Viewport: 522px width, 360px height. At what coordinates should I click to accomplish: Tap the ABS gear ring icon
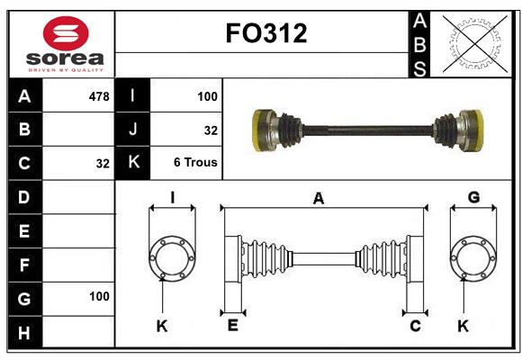pyautogui.click(x=472, y=43)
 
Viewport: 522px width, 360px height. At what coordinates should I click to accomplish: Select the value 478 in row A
pyautogui.click(x=98, y=94)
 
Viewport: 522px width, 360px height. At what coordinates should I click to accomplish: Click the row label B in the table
pyautogui.click(x=24, y=129)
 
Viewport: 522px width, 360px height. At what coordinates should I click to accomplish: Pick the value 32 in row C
pyautogui.click(x=102, y=164)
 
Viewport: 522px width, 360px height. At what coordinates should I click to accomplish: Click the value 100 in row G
pyautogui.click(x=99, y=296)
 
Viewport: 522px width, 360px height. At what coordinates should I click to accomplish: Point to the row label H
pyautogui.click(x=24, y=333)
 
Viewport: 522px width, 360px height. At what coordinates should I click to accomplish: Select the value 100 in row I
pyautogui.click(x=207, y=94)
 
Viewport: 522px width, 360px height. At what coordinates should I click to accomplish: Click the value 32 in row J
pyautogui.click(x=211, y=130)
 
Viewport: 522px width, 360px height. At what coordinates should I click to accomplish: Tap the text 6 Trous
pyautogui.click(x=195, y=163)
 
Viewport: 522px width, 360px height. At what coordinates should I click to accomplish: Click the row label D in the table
pyautogui.click(x=24, y=196)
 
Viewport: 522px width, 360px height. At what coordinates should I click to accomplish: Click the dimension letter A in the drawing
pyautogui.click(x=318, y=199)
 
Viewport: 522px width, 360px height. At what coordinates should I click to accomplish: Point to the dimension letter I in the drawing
pyautogui.click(x=172, y=197)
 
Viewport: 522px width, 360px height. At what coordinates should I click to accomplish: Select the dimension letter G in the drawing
pyautogui.click(x=473, y=197)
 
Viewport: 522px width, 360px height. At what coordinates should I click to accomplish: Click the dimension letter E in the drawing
pyautogui.click(x=232, y=326)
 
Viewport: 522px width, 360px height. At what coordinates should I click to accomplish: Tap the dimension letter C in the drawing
pyautogui.click(x=415, y=326)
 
